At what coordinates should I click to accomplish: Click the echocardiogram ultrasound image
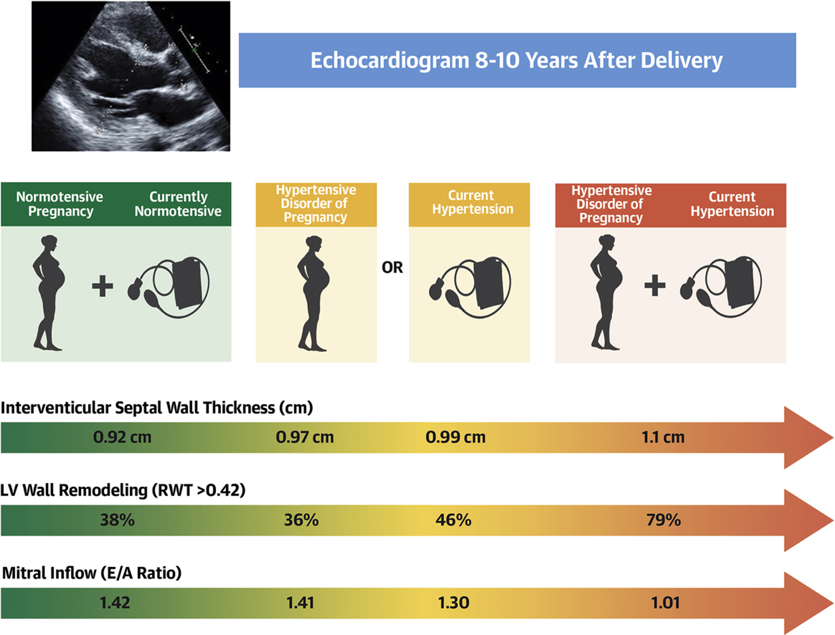(x=131, y=76)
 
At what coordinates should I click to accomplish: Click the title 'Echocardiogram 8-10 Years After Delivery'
(x=517, y=60)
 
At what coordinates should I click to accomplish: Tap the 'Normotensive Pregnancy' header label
(x=60, y=204)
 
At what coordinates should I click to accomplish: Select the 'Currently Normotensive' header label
(x=178, y=204)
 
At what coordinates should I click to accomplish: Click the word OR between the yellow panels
(x=392, y=267)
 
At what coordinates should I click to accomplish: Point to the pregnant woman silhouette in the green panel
(x=49, y=293)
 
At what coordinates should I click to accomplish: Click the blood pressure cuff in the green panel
(x=168, y=287)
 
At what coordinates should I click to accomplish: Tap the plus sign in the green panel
(x=103, y=286)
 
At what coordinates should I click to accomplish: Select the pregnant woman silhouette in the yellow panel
(x=313, y=293)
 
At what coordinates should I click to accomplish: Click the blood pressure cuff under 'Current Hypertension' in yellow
(x=470, y=287)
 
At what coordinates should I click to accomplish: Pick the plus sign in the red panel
(x=655, y=285)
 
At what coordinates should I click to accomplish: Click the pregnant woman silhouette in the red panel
(x=606, y=292)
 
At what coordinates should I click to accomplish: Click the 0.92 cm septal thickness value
(x=122, y=437)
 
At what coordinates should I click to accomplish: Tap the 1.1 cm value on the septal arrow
(x=663, y=437)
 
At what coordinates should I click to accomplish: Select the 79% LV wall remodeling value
(x=664, y=520)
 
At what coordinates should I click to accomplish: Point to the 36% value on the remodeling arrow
(x=301, y=520)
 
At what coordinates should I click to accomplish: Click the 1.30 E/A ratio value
(x=454, y=603)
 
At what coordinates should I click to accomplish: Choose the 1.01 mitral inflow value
(x=665, y=603)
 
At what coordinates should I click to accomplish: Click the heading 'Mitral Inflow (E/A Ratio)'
(x=92, y=573)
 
